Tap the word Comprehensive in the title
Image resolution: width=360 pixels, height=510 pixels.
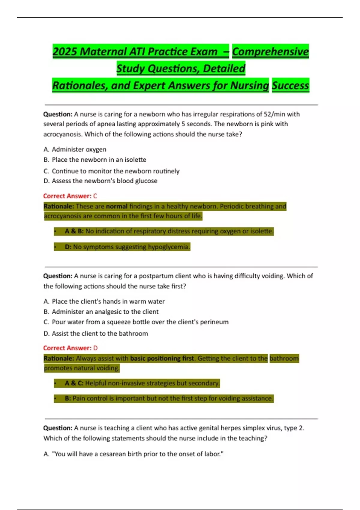tap(270, 52)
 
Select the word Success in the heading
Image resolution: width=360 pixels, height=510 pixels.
tap(290, 85)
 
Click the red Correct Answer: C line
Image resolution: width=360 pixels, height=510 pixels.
tap(70, 196)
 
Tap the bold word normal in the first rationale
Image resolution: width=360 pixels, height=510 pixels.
tap(117, 206)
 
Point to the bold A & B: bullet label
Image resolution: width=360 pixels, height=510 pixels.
tap(74, 231)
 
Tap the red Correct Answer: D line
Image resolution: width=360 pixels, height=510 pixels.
tap(70, 348)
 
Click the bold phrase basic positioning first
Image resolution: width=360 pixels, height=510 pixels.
tap(162, 358)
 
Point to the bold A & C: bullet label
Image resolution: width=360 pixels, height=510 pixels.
tap(74, 383)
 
